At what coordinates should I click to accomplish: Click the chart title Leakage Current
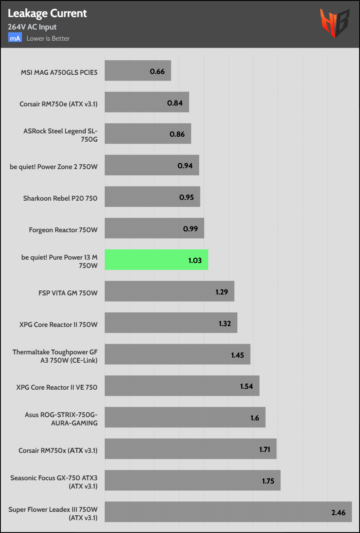(x=47, y=13)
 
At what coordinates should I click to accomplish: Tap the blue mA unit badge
(x=15, y=38)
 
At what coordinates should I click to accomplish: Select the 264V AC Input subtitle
(x=32, y=27)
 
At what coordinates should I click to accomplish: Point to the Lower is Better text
(x=48, y=38)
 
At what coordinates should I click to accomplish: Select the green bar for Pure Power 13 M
(x=156, y=260)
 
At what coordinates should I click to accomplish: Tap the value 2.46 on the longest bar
(x=338, y=512)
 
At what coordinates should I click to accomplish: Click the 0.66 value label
(x=157, y=71)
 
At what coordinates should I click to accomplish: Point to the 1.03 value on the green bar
(x=195, y=260)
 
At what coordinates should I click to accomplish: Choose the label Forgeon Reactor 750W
(x=63, y=229)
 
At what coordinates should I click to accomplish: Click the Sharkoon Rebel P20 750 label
(x=60, y=198)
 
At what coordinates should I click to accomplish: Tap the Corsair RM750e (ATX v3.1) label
(x=59, y=104)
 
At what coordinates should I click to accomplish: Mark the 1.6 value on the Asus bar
(x=254, y=418)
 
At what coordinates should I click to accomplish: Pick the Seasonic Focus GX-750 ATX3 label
(x=54, y=482)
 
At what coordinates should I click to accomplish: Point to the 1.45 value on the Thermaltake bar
(x=237, y=355)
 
